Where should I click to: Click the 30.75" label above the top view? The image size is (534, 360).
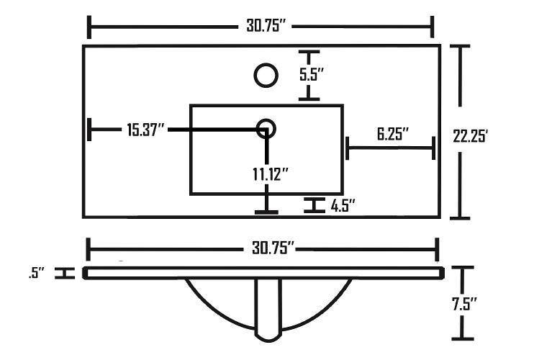pyautogui.click(x=262, y=27)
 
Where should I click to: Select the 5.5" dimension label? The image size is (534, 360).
pyautogui.click(x=312, y=74)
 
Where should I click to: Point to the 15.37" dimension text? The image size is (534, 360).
pyautogui.click(x=146, y=130)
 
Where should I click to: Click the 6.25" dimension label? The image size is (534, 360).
pyautogui.click(x=392, y=134)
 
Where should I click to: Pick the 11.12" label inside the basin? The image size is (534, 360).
pyautogui.click(x=271, y=174)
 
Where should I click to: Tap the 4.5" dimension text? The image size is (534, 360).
pyautogui.click(x=343, y=206)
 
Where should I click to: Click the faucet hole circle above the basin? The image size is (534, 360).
pyautogui.click(x=267, y=75)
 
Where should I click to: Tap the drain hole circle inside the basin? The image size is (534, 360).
pyautogui.click(x=266, y=129)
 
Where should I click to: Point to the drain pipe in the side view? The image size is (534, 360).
pyautogui.click(x=268, y=310)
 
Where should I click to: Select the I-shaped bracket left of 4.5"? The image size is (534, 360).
pyautogui.click(x=313, y=205)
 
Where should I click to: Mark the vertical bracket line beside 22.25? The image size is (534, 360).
pyautogui.click(x=461, y=132)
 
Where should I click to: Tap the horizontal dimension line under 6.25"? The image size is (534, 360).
pyautogui.click(x=391, y=149)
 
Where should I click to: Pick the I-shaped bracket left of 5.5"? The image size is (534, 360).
pyautogui.click(x=309, y=75)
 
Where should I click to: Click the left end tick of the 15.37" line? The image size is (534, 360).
pyautogui.click(x=89, y=130)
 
